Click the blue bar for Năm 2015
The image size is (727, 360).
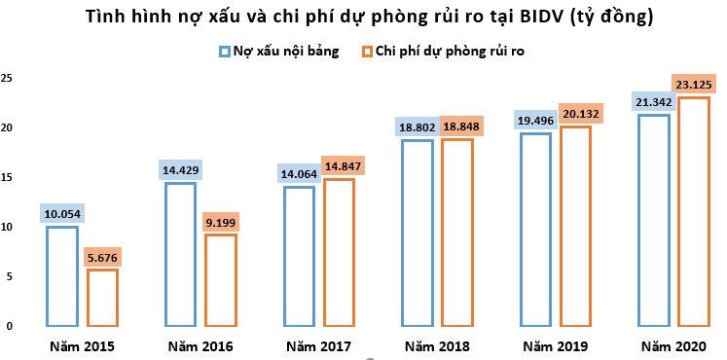[x=61, y=276]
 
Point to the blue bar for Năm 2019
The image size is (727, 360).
[x=536, y=230]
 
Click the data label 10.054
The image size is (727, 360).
[x=60, y=213]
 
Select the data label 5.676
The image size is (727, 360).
[x=102, y=257]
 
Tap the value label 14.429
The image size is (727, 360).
[x=180, y=169]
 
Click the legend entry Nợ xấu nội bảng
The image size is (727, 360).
[x=285, y=51]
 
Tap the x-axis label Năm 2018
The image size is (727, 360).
[x=438, y=346]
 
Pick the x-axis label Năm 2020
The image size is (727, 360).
[x=673, y=346]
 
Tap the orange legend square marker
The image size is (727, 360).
[x=366, y=51]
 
